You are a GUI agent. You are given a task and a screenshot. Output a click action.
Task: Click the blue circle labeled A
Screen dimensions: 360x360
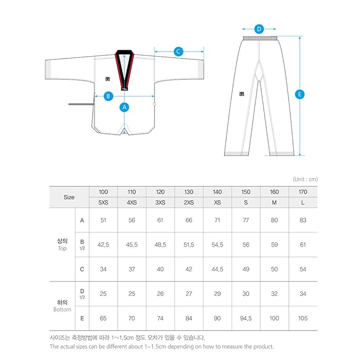click(x=125, y=107)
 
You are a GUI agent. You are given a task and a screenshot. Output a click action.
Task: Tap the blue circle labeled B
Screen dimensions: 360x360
click(x=108, y=96)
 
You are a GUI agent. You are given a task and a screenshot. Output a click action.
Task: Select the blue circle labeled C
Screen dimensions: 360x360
click(x=179, y=51)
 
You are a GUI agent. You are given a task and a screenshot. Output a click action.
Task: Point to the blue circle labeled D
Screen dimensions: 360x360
click(x=259, y=29)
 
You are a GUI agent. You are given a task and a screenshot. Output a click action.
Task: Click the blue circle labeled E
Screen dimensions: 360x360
click(x=300, y=94)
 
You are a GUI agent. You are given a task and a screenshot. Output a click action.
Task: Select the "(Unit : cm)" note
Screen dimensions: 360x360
click(x=305, y=179)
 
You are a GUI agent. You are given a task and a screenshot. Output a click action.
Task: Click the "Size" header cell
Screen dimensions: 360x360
click(x=69, y=197)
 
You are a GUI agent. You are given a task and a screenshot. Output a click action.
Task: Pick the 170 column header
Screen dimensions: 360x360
click(x=303, y=191)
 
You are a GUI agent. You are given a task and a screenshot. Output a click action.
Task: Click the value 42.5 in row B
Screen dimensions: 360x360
click(x=103, y=245)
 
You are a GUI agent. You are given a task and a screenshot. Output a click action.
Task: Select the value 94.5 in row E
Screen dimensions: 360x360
click(x=245, y=319)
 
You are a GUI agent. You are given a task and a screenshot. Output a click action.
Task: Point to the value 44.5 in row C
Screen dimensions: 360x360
click(x=217, y=269)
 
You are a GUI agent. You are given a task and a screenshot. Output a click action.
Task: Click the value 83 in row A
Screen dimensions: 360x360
click(x=303, y=220)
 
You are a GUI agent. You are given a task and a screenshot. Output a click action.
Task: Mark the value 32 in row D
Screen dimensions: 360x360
click(x=274, y=294)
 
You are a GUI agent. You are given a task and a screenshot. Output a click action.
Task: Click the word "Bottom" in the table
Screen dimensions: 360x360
click(x=62, y=310)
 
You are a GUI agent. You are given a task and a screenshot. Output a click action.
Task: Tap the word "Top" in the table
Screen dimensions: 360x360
click(x=62, y=249)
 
